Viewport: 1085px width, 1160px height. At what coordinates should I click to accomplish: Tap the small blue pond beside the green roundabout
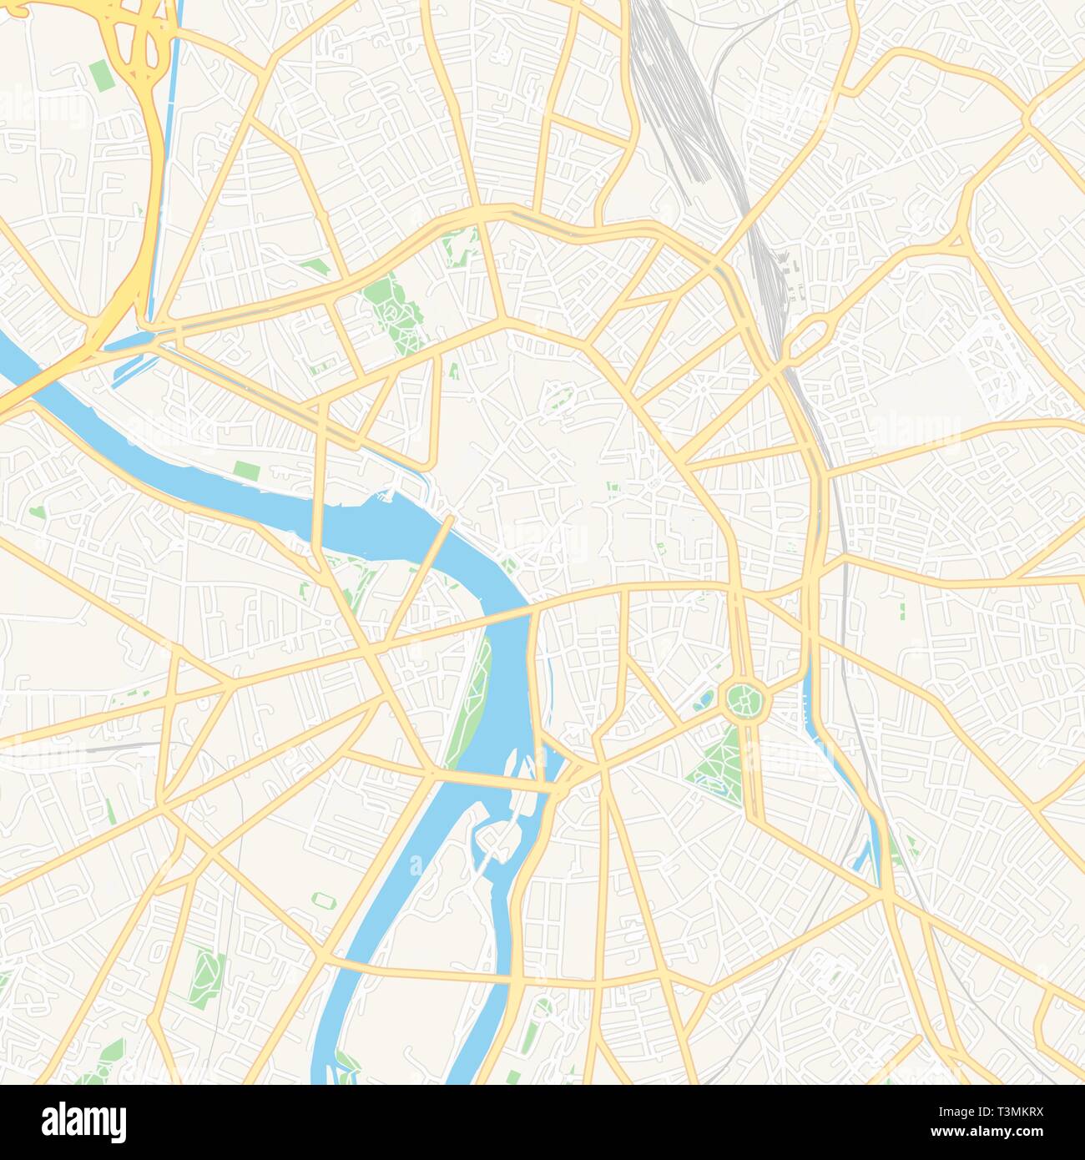[x=706, y=700]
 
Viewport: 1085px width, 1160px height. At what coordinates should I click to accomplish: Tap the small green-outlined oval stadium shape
[x=321, y=900]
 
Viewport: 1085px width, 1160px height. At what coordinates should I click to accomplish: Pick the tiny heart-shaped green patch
[x=36, y=512]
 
